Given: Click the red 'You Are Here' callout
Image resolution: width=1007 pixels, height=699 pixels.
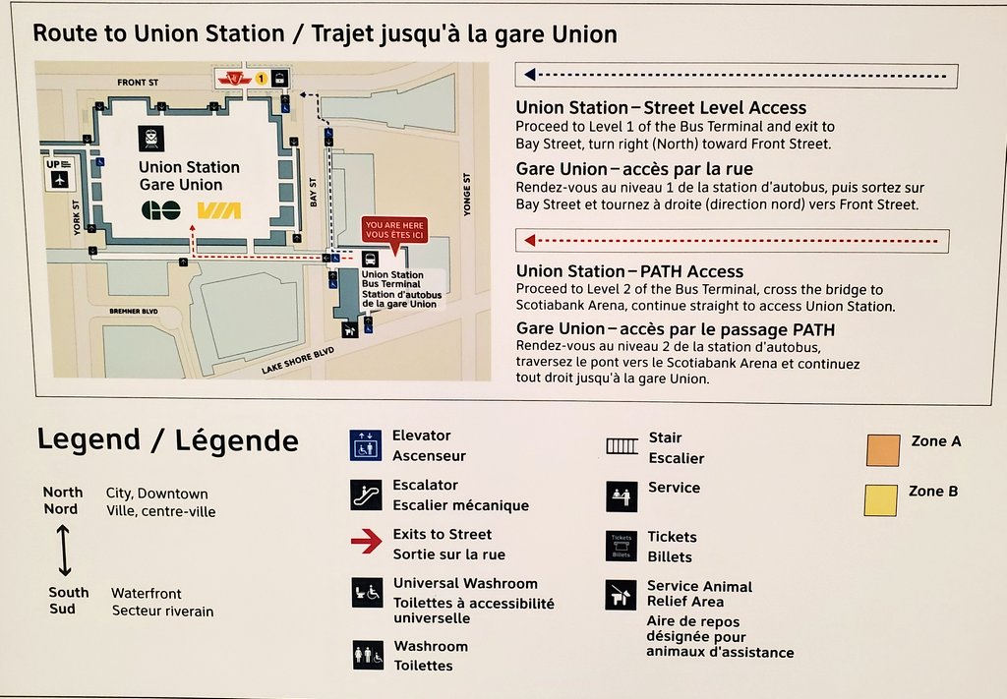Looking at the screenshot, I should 394,230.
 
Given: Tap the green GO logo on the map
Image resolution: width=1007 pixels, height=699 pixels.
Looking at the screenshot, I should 161,210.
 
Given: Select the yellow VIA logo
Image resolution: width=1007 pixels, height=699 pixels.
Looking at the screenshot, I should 218,210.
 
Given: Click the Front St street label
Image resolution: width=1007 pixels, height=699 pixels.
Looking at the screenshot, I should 138,83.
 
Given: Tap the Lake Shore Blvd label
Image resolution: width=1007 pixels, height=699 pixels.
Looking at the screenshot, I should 298,360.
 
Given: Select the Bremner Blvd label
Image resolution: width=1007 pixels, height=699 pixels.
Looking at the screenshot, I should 134,311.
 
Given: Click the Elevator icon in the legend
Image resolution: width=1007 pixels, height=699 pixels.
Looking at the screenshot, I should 366,444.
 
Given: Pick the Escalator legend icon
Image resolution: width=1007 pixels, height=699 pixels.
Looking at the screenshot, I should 366,495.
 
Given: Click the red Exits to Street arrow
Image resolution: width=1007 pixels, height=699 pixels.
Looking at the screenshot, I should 366,542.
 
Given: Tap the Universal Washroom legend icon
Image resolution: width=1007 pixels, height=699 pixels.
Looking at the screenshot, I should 367,593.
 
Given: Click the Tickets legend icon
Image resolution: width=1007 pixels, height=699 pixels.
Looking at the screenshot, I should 622,546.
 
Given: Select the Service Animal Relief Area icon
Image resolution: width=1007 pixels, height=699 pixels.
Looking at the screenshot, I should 622,595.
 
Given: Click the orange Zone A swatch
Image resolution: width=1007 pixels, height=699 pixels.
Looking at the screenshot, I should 881,449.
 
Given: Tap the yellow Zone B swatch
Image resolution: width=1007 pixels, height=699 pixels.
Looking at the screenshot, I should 881,499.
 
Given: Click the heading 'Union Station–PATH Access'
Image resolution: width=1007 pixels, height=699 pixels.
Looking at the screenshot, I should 629,271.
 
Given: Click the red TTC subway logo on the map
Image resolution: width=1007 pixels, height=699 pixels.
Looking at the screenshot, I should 234,78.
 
